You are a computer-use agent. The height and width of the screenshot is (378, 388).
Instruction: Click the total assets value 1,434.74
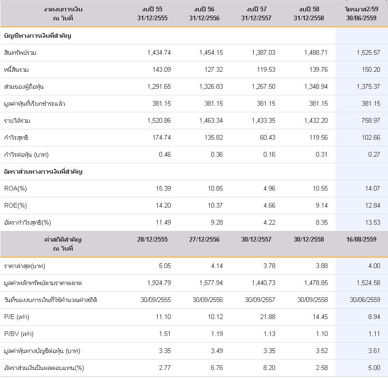point(159,53)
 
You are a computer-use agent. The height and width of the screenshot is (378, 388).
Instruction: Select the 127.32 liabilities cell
point(214,70)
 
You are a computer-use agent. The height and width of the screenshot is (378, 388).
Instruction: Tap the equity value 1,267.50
point(264,87)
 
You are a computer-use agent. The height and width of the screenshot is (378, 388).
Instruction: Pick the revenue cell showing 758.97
point(371,120)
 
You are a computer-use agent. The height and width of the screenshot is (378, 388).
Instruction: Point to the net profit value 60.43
point(267,138)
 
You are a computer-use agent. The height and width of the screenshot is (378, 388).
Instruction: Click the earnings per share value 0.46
point(165,155)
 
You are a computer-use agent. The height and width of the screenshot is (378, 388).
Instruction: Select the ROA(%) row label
point(15,189)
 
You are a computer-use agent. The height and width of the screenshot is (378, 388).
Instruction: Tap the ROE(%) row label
point(15,206)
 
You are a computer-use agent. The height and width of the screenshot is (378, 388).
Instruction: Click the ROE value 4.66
point(269,206)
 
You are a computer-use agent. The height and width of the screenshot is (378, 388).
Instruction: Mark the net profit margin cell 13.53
point(372,223)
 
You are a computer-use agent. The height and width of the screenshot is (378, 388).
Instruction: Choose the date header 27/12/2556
point(204,239)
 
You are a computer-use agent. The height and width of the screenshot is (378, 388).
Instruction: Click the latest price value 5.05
point(165,266)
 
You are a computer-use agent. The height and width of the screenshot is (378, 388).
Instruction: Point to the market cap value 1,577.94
point(211,283)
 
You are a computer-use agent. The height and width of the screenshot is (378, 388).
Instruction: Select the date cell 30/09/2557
point(260,300)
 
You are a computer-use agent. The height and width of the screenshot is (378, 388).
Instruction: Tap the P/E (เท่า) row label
point(17,317)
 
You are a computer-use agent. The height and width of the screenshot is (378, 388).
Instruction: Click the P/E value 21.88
point(267,317)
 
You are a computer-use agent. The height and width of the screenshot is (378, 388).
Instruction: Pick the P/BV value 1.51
point(165,334)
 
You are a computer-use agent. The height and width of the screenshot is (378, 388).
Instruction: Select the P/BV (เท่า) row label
point(19,334)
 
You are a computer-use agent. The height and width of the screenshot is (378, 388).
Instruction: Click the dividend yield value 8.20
point(269,368)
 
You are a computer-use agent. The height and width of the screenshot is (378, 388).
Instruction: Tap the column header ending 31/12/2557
point(256,14)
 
